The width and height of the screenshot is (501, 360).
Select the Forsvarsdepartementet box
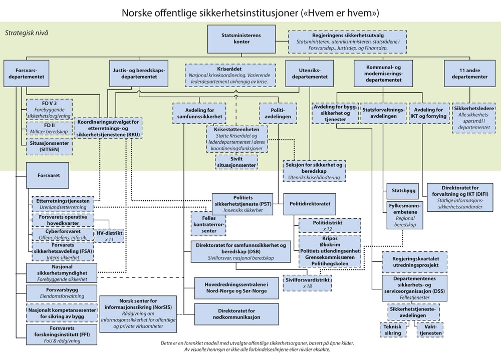click(23, 74)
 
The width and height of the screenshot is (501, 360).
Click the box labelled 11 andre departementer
click(470, 74)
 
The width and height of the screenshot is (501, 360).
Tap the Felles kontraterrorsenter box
click(205, 223)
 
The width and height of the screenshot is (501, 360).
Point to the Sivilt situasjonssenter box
click(236, 161)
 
